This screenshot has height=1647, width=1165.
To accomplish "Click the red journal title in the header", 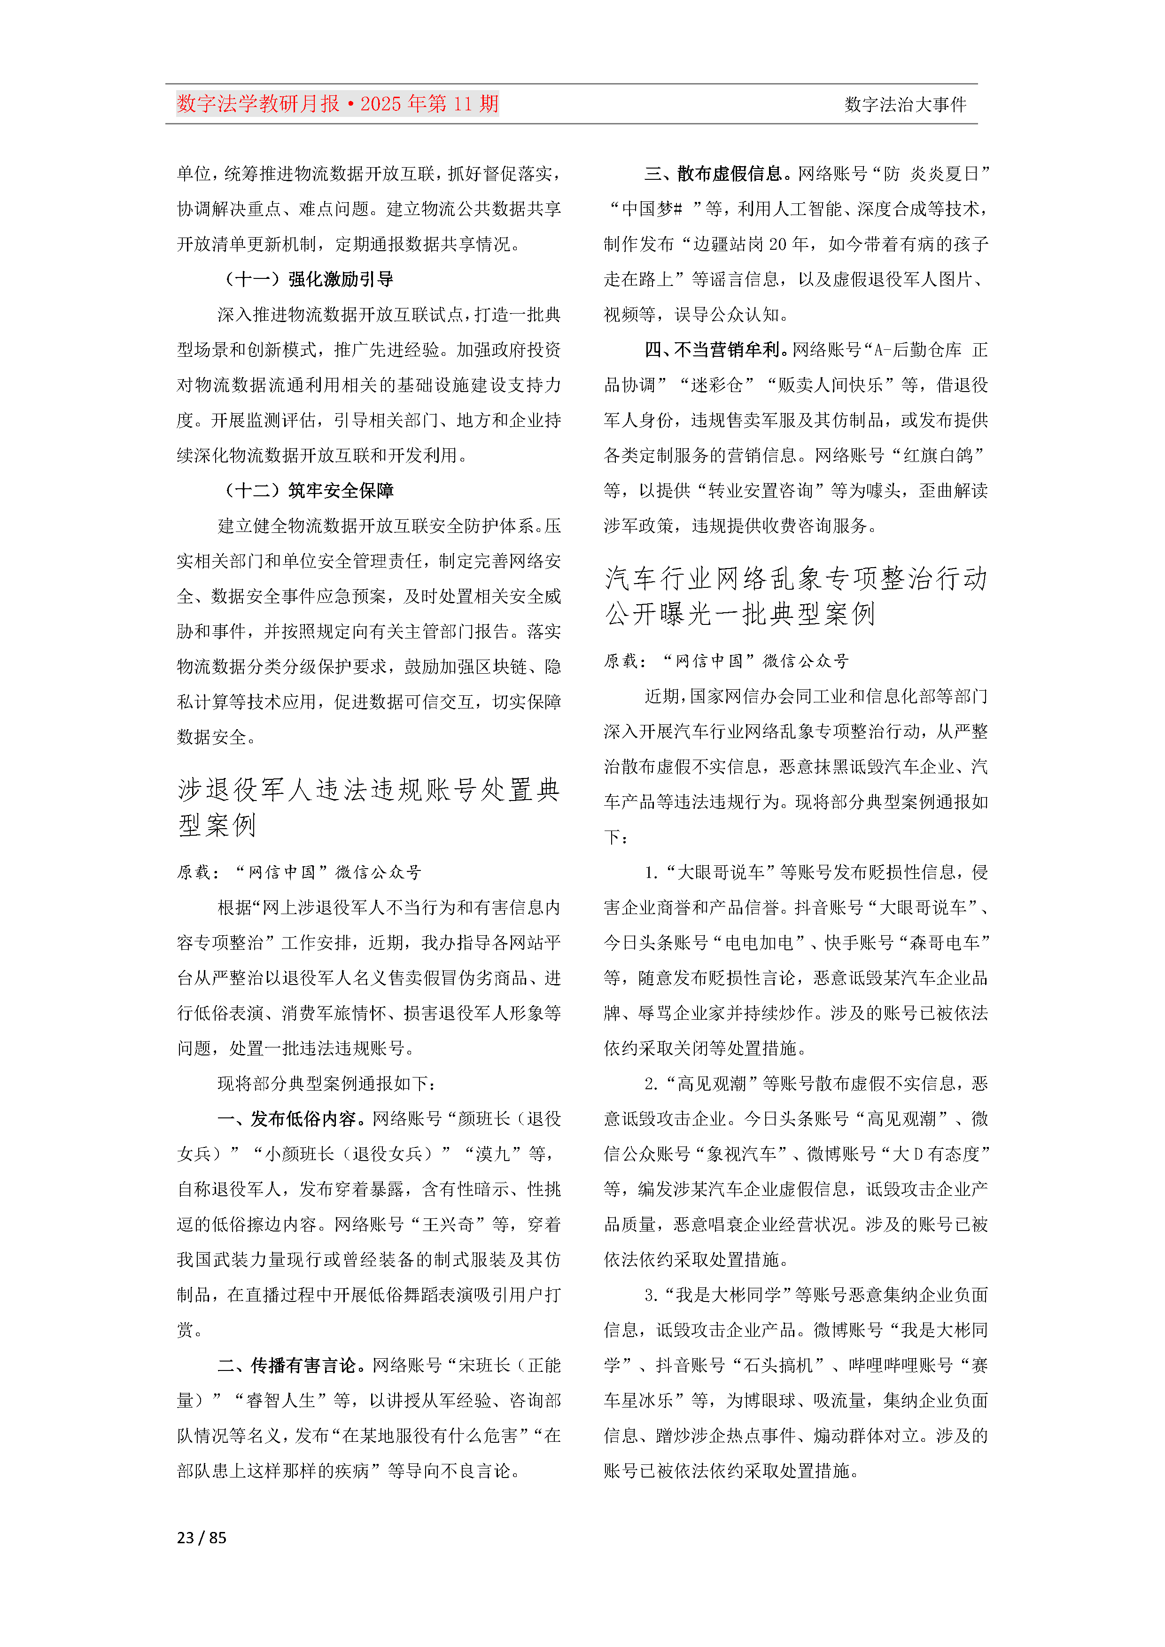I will tap(337, 104).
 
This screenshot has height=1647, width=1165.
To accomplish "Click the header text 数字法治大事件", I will tap(905, 105).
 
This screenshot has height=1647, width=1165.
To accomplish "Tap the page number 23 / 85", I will tap(202, 1537).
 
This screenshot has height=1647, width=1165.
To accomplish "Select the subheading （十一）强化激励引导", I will tap(309, 279).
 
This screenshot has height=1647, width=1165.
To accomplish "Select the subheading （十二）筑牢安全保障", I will tap(309, 491).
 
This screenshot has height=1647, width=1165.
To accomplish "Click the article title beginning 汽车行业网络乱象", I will tap(795, 595).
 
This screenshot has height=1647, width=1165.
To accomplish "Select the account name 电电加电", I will tap(759, 943).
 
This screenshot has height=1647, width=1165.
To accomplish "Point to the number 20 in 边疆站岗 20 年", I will tap(778, 244).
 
